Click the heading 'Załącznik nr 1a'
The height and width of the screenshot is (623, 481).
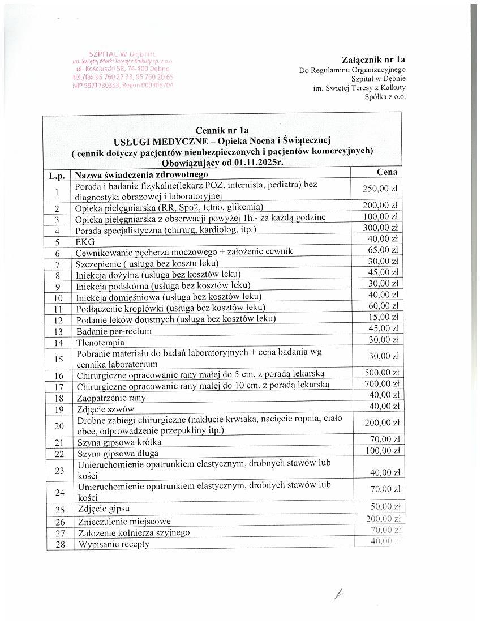(373, 59)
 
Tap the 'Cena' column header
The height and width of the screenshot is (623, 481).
(387, 172)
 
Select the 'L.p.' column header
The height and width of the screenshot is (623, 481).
(58, 176)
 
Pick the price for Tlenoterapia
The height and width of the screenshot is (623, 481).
(384, 340)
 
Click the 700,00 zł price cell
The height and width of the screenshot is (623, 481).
(380, 385)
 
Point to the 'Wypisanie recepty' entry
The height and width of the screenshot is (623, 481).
(114, 544)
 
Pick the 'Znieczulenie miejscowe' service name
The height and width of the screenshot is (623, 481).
(124, 521)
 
